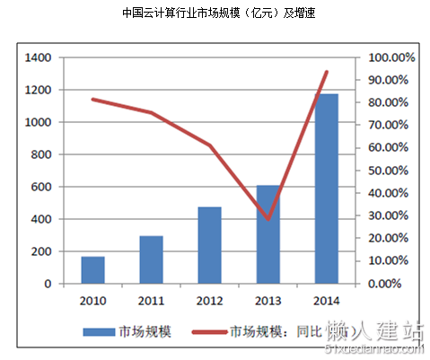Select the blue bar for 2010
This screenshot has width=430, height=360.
[93, 270]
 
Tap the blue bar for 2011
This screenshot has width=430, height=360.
[151, 260]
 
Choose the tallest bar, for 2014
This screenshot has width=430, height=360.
[326, 189]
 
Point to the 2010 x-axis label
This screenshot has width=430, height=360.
[93, 301]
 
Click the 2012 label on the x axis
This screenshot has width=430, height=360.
[209, 301]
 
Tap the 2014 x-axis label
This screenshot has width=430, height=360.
[326, 301]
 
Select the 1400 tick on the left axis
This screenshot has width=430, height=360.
[37, 57]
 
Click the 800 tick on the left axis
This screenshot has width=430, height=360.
[40, 154]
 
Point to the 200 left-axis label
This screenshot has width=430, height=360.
[40, 251]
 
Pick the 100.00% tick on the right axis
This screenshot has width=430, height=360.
[391, 57]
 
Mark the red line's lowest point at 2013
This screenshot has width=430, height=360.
[268, 219]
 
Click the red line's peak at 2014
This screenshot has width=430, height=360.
[326, 72]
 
